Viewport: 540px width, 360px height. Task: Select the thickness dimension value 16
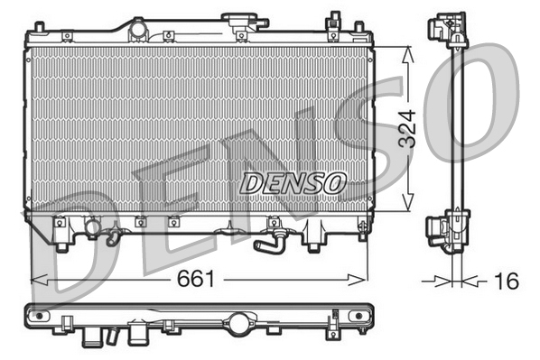pos(507,282)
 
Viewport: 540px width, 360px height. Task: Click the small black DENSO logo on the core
pos(293,181)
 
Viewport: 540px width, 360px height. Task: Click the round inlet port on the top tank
pos(137,31)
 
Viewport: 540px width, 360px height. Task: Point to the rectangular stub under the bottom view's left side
pos(94,339)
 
